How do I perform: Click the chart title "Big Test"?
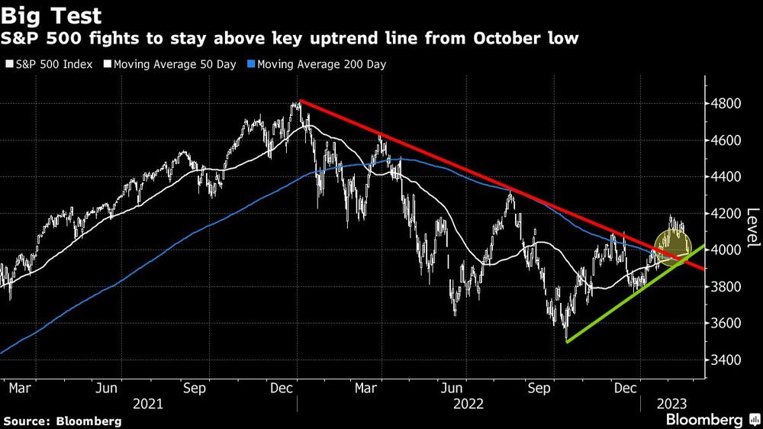click(x=52, y=15)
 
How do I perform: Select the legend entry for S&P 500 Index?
click(x=49, y=64)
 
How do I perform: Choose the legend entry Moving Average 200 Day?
click(x=317, y=64)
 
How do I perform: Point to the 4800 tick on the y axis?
click(x=726, y=104)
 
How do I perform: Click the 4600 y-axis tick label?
click(x=726, y=140)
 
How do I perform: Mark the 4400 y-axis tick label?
click(x=726, y=177)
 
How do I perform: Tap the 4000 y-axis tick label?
click(x=726, y=250)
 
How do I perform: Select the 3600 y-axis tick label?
click(x=726, y=323)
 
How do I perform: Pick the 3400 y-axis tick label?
click(x=726, y=360)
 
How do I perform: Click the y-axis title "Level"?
click(x=752, y=227)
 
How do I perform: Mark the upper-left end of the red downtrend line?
click(x=301, y=100)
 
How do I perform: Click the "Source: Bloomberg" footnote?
click(x=63, y=421)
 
